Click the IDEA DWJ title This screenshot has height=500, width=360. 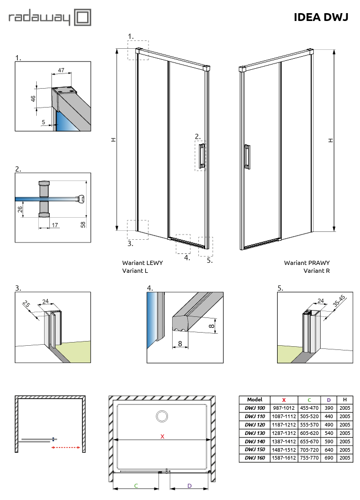click(321, 18)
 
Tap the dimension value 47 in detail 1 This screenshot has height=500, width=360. click(61, 70)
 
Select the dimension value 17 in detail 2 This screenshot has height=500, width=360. click(55, 225)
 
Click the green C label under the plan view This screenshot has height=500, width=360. click(136, 486)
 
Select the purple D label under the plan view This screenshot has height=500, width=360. click(189, 486)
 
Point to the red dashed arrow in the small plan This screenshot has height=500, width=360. click(66, 448)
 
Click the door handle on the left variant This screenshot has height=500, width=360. click(202, 156)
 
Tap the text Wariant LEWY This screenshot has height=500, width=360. click(142, 263)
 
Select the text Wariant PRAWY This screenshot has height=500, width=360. click(307, 263)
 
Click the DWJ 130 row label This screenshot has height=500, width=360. click(255, 433)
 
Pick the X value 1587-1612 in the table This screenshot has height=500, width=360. click(284, 458)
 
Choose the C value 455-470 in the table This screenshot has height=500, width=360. click(309, 408)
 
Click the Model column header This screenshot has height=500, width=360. click(255, 399)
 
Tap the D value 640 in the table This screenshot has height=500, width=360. click(329, 450)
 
